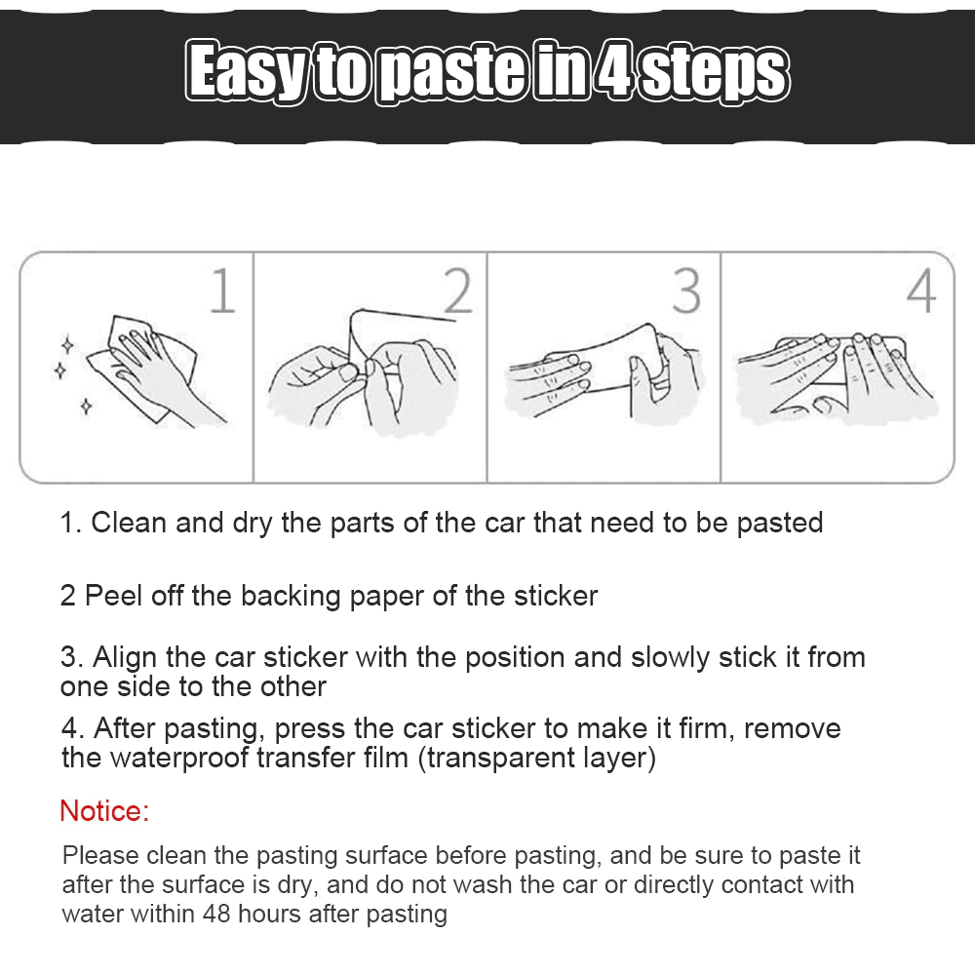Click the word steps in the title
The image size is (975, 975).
click(715, 73)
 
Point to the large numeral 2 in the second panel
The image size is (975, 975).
click(457, 291)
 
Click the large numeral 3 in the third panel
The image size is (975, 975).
click(686, 291)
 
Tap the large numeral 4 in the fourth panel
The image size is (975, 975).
click(921, 291)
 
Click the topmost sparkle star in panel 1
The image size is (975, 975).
click(68, 344)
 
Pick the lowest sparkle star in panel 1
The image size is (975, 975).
click(86, 407)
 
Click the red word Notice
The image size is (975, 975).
click(104, 811)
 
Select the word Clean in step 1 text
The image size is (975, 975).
click(129, 523)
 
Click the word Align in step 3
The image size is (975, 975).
click(125, 658)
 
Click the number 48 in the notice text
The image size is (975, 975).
click(216, 915)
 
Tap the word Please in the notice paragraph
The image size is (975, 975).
click(100, 856)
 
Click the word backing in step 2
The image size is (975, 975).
click(291, 597)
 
